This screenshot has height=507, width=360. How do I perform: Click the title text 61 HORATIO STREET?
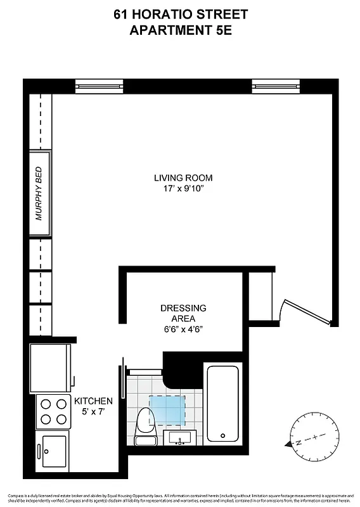click(180, 14)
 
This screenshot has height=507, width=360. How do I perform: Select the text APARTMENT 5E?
click(180, 29)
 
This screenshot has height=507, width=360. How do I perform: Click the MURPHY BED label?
click(39, 193)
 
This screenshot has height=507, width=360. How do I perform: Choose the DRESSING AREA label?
click(183, 313)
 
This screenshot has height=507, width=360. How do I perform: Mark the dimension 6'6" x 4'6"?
click(183, 329)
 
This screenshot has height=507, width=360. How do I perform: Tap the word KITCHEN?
click(93, 401)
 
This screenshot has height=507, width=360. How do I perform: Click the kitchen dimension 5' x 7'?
click(93, 413)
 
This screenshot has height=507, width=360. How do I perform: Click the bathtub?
click(222, 403)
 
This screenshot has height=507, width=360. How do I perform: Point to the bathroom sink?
click(181, 438)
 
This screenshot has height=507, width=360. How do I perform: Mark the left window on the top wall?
click(99, 84)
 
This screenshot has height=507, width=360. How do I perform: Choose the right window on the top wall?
click(276, 84)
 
